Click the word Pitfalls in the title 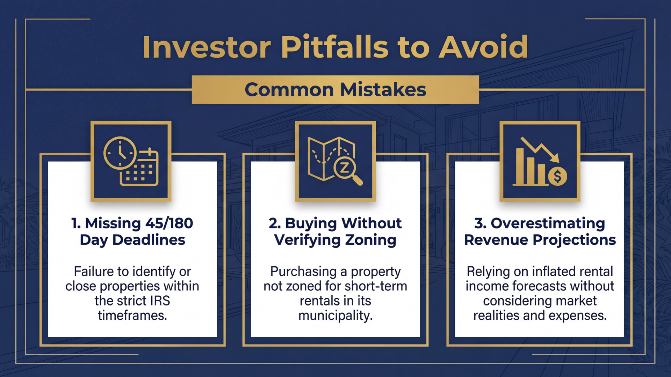pyautogui.click(x=334, y=47)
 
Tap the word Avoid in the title pyautogui.click(x=483, y=47)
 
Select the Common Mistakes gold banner pyautogui.click(x=335, y=90)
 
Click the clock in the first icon pyautogui.click(x=120, y=153)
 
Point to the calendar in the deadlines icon pyautogui.click(x=140, y=170)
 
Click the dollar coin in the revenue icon pyautogui.click(x=557, y=176)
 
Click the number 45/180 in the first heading pyautogui.click(x=169, y=223)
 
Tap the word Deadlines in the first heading pyautogui.click(x=149, y=240)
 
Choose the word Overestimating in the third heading pyautogui.click(x=548, y=223)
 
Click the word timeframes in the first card pyautogui.click(x=132, y=316)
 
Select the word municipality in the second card pyautogui.click(x=335, y=316)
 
